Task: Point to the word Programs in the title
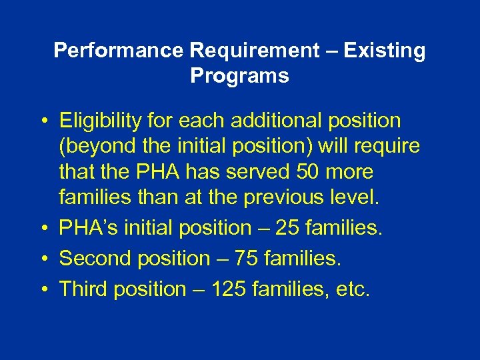[239, 76]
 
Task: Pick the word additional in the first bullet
[292, 121]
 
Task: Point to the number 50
[306, 172]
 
